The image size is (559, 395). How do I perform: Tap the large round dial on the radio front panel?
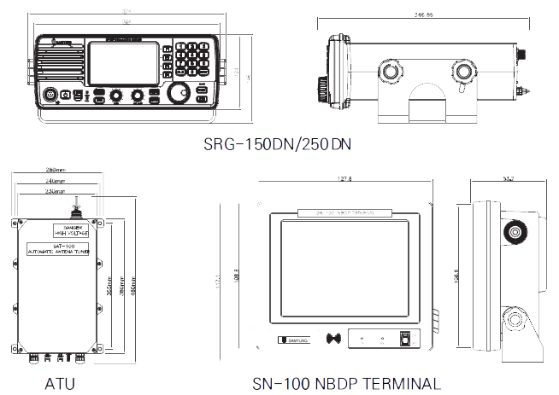coord(179,92)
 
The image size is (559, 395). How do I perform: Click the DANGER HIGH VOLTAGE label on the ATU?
coord(71,229)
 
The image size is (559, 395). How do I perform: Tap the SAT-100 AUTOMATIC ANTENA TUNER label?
coord(59,249)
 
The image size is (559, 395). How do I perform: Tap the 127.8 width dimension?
coord(345,179)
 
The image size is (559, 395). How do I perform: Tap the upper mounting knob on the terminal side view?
coord(515,231)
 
